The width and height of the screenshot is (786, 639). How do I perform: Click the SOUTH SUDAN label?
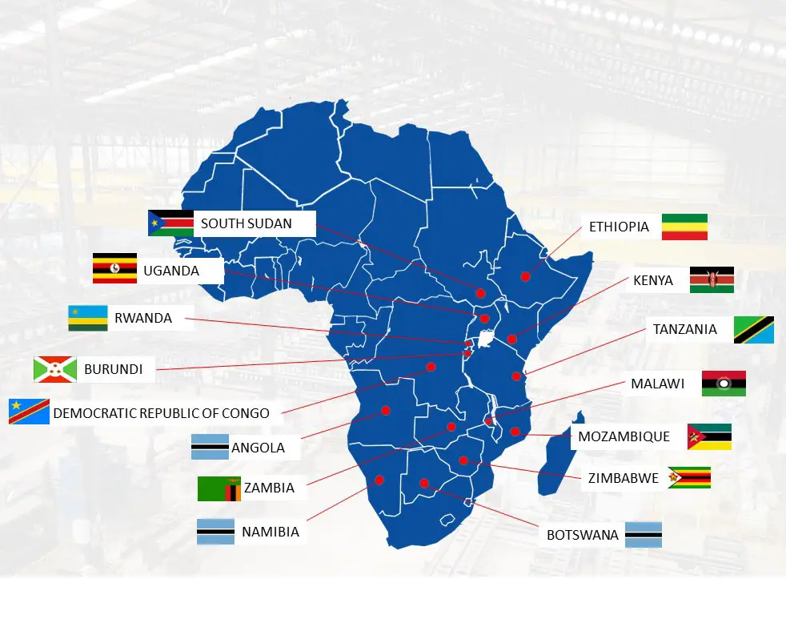click(x=246, y=223)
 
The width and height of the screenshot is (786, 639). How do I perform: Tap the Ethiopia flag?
click(x=684, y=227)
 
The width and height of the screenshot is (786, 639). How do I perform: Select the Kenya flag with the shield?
click(x=712, y=280)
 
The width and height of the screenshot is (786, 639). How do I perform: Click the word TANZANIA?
click(x=684, y=329)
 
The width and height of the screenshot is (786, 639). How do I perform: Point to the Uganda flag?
click(x=114, y=268)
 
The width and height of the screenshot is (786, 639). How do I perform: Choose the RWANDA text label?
click(x=143, y=318)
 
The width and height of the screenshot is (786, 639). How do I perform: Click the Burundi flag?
click(x=54, y=369)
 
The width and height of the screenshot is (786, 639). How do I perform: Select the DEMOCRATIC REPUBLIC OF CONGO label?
click(x=162, y=414)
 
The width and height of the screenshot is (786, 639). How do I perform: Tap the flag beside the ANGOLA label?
click(x=210, y=446)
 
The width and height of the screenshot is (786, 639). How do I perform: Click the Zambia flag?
click(x=219, y=488)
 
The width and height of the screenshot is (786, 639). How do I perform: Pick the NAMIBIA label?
click(x=271, y=532)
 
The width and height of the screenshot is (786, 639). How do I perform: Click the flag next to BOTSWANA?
click(x=644, y=534)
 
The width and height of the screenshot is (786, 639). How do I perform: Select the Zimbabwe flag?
click(x=689, y=478)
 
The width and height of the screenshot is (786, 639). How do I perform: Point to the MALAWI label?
click(x=657, y=384)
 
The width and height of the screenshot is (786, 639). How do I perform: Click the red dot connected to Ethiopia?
click(x=525, y=277)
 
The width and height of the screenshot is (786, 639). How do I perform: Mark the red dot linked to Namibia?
click(x=379, y=480)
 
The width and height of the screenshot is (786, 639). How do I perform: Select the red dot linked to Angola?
click(x=385, y=410)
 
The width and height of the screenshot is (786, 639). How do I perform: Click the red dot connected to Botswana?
click(x=424, y=483)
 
